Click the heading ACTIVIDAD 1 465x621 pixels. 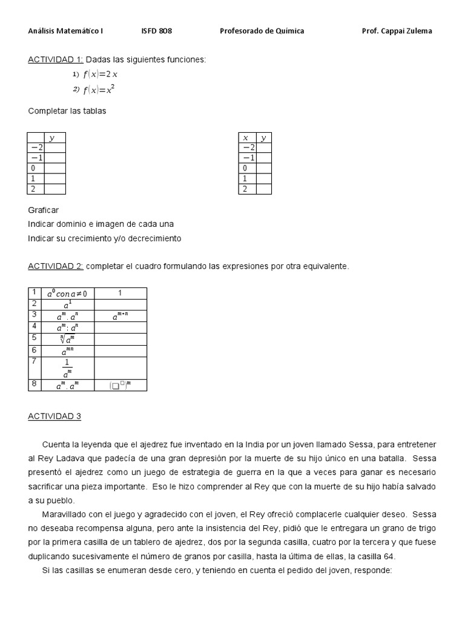(56, 59)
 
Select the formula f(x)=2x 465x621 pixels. (100, 75)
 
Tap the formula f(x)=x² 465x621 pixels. (99, 90)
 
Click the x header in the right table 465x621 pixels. (246, 138)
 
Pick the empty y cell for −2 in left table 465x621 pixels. (56, 147)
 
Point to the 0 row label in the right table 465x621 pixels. (245, 168)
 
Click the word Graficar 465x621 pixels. (43, 210)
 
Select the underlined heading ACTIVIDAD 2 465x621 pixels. (56, 266)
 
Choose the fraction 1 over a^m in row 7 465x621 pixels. (67, 368)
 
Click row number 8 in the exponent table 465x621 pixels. (34, 384)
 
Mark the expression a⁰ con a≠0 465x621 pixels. (67, 294)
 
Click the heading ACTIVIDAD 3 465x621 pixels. (54, 416)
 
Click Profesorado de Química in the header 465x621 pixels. (262, 31)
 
